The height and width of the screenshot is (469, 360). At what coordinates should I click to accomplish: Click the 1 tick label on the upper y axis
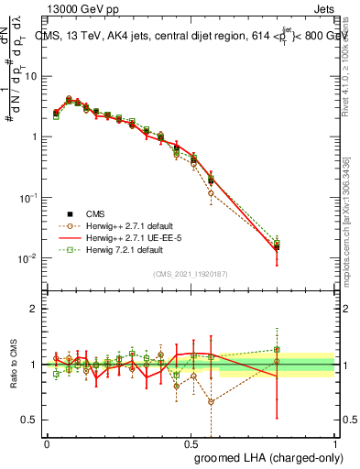35,136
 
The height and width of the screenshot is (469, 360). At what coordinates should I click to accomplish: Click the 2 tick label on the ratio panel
35,309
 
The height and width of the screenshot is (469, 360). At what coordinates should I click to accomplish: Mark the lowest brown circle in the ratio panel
212,401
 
